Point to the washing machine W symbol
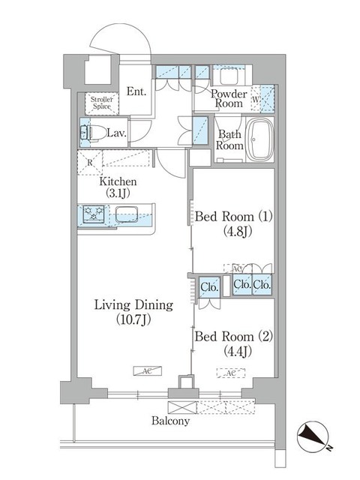click(x=256, y=98)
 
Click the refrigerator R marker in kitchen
click(x=90, y=160)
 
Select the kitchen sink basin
click(x=122, y=213)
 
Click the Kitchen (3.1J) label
click(x=118, y=187)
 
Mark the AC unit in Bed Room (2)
click(x=231, y=372)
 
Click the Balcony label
click(x=168, y=421)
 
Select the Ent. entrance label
click(x=136, y=91)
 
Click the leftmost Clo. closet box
click(x=209, y=286)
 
